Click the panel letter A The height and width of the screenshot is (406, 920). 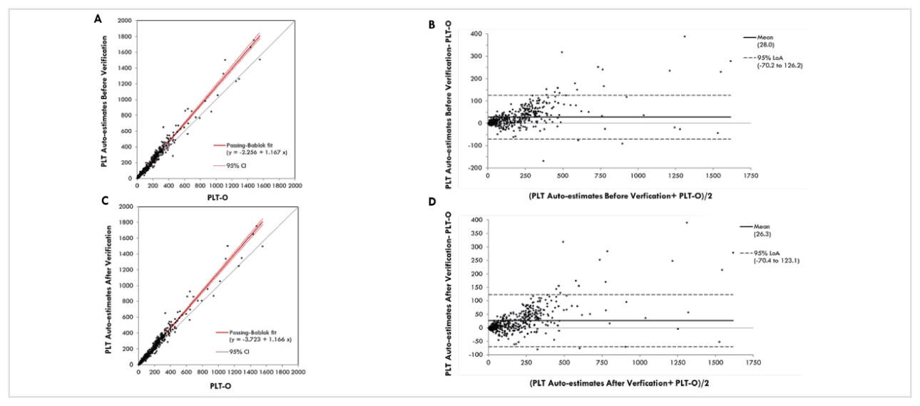click(98, 19)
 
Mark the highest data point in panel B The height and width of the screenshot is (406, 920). click(684, 36)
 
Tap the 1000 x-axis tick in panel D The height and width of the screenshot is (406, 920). click(638, 363)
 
